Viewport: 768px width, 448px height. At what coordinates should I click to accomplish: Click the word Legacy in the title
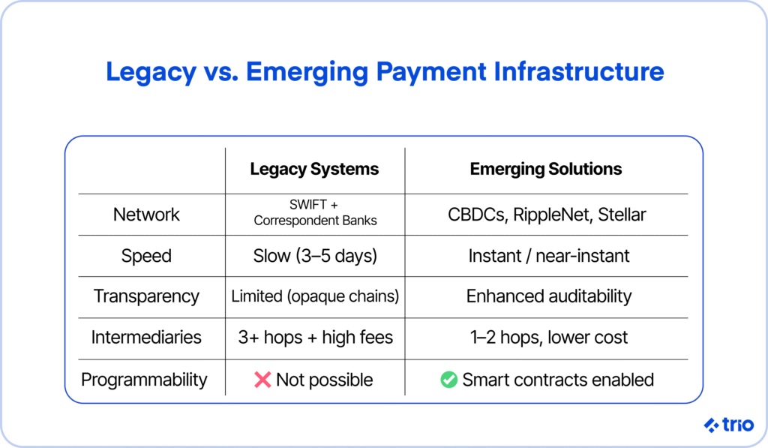click(151, 73)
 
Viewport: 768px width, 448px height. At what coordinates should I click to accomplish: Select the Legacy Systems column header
click(314, 170)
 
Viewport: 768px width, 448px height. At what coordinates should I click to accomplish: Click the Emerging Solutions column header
click(546, 170)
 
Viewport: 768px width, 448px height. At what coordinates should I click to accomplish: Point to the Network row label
click(146, 215)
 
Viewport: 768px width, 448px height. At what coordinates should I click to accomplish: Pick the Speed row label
click(146, 257)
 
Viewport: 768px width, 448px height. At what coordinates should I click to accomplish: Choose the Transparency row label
click(146, 296)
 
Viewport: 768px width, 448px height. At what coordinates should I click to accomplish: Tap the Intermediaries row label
click(146, 338)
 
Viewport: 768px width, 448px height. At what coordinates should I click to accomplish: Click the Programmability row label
click(144, 380)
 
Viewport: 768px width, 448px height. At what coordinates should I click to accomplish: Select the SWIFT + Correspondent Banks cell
click(315, 212)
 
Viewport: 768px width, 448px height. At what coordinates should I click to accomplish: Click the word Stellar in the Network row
click(622, 215)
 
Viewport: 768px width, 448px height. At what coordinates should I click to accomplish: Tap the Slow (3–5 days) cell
click(315, 257)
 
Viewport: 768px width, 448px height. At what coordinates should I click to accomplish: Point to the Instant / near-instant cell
click(548, 256)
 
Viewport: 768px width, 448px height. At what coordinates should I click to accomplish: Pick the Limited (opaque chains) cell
click(315, 296)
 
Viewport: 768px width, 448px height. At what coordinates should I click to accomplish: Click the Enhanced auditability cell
click(548, 296)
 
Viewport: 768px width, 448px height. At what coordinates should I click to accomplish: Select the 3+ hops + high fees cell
click(316, 338)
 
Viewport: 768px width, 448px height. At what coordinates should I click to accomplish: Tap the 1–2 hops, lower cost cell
click(548, 338)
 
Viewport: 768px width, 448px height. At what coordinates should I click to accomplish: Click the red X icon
click(262, 380)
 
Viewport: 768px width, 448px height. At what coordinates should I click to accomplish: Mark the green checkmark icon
click(448, 380)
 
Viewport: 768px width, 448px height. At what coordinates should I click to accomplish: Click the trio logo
click(729, 425)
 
